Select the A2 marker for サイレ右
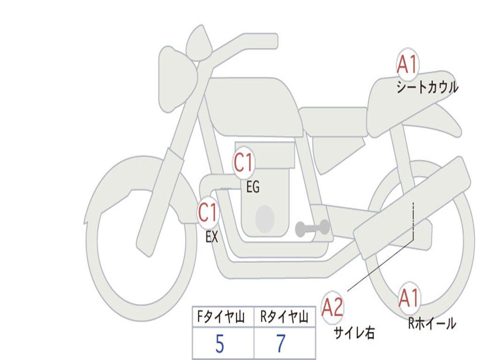click(x=332, y=307)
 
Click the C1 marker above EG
click(x=244, y=162)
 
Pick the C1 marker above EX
click(x=208, y=212)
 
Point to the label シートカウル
click(x=427, y=87)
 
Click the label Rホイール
click(x=432, y=323)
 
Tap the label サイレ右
click(x=354, y=333)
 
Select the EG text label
click(x=253, y=187)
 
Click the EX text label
click(x=212, y=237)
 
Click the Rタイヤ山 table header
click(x=284, y=317)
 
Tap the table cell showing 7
click(x=285, y=343)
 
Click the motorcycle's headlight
click(x=178, y=80)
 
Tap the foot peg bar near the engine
click(x=312, y=228)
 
